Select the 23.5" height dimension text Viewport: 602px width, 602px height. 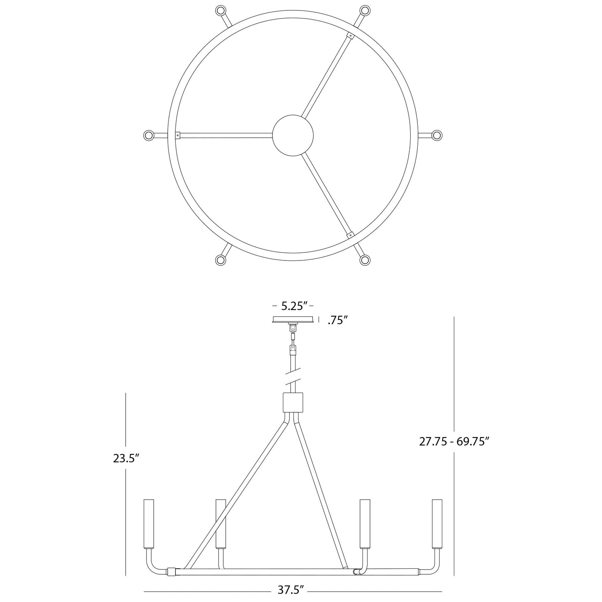126,458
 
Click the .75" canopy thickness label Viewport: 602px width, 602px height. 337,321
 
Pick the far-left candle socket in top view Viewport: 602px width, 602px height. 149,135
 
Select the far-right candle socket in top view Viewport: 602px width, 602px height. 437,135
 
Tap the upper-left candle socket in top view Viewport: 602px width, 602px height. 221,10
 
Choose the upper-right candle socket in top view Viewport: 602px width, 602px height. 365,10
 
